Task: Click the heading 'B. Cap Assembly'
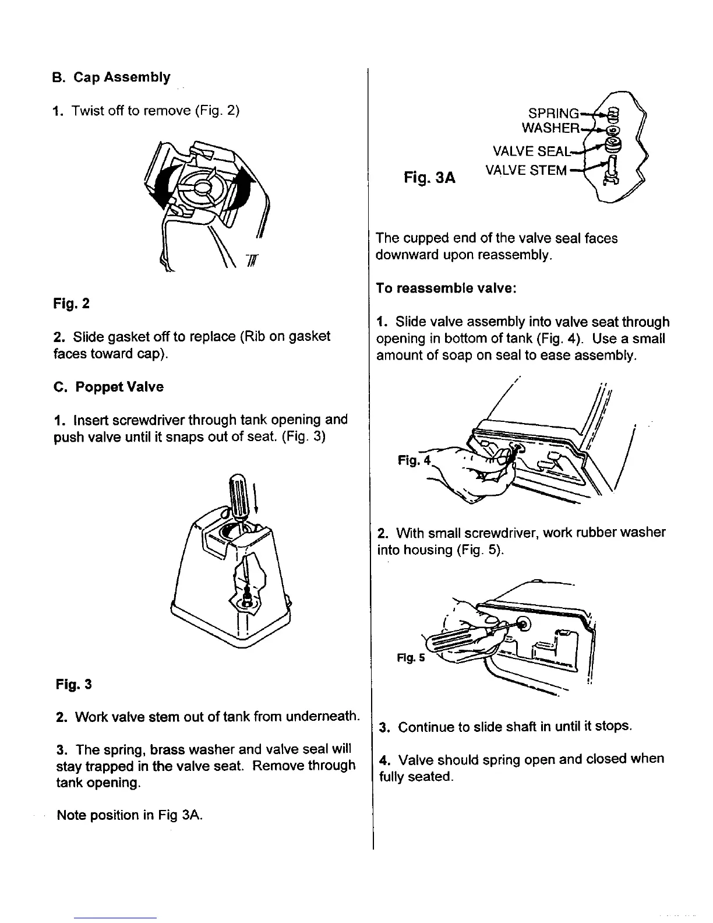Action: click(111, 77)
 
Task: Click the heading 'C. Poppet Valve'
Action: click(108, 387)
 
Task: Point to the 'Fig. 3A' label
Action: click(429, 177)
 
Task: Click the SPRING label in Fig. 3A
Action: click(553, 113)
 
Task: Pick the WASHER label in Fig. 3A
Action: click(550, 128)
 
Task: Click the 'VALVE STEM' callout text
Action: click(526, 170)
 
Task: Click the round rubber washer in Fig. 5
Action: click(523, 624)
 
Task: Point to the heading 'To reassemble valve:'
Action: click(446, 289)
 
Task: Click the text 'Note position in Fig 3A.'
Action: click(130, 815)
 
